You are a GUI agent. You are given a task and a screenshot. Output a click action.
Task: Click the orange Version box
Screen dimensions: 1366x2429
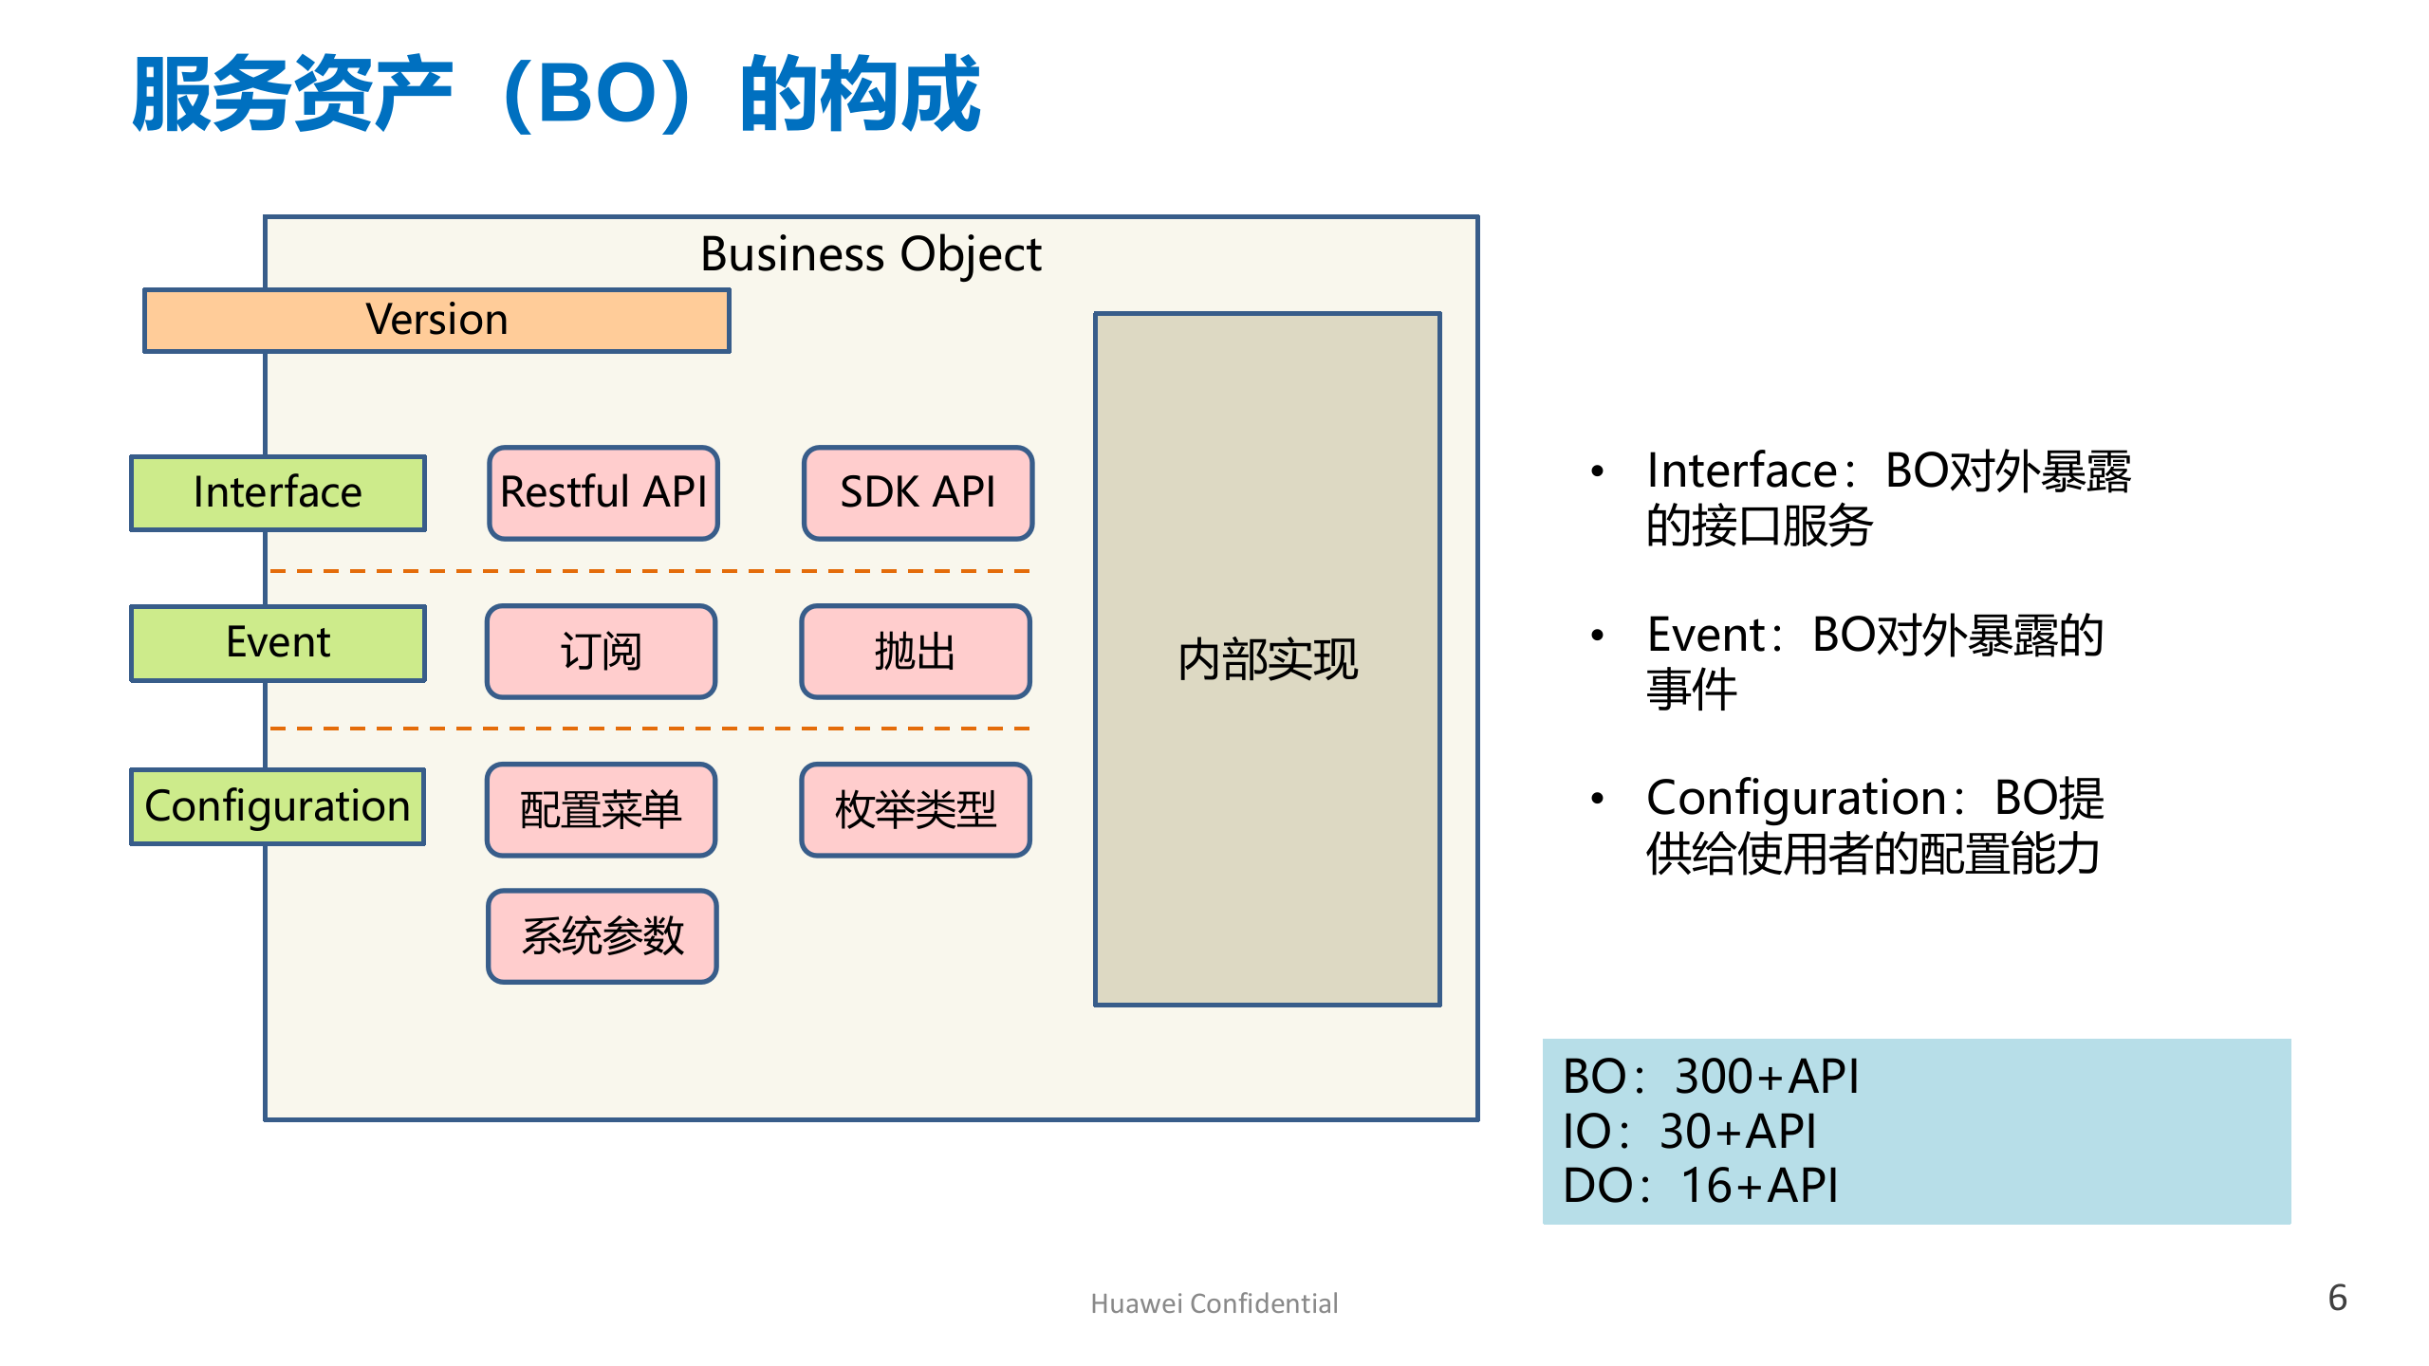pos(436,321)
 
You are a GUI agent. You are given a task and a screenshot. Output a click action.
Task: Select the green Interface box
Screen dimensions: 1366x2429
pos(278,492)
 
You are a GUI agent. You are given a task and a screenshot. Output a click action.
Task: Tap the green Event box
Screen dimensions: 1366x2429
pos(278,642)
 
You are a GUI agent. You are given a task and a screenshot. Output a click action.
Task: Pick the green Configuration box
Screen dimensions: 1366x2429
pos(278,806)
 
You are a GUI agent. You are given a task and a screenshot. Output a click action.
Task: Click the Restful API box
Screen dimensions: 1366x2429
pos(603,492)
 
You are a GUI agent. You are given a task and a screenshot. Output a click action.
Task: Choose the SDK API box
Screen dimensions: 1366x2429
pos(918,492)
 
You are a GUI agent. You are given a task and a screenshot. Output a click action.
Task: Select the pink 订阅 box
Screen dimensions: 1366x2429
pos(601,651)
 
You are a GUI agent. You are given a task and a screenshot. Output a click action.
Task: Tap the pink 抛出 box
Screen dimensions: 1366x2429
pos(915,651)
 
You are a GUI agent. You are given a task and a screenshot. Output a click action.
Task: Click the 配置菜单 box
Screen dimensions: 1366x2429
pos(601,809)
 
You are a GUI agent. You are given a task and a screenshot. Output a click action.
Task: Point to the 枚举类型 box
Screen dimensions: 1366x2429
pos(915,809)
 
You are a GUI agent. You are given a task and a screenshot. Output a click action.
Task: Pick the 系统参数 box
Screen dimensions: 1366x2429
pos(603,935)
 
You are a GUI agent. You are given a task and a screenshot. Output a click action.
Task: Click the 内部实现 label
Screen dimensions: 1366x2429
pos(1268,659)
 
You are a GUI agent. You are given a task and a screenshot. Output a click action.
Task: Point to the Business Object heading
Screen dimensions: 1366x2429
pos(871,254)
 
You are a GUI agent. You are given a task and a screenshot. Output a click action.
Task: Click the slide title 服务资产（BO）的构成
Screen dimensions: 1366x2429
pos(556,95)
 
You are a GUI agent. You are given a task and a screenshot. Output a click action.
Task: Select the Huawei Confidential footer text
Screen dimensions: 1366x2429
pos(1214,1303)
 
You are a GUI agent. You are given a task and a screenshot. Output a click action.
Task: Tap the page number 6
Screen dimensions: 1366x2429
pos(2337,1298)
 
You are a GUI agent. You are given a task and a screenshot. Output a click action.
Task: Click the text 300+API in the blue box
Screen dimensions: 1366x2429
pos(1766,1077)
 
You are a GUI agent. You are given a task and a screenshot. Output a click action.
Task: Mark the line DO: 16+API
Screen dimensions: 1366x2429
pos(1700,1186)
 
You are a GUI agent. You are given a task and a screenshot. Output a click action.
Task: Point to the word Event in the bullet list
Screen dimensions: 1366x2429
pos(1706,635)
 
